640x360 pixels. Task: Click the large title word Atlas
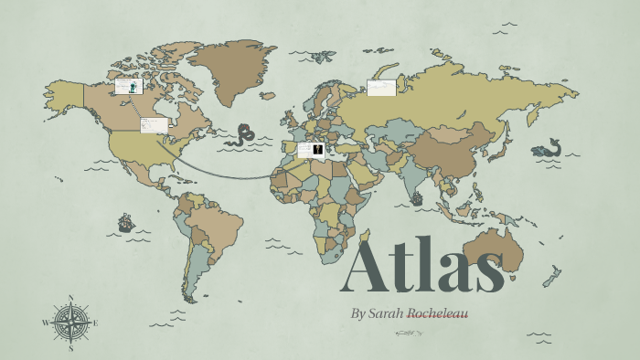(x=422, y=267)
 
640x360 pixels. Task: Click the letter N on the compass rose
(x=71, y=298)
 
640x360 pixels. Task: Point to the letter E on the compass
(x=95, y=323)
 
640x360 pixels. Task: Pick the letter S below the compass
(x=71, y=347)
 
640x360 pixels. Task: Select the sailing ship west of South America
(x=125, y=222)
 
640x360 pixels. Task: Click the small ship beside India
(x=417, y=197)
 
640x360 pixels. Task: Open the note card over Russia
(x=380, y=88)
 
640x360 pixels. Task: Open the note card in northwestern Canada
(x=127, y=87)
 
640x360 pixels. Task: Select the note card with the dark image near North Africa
(x=311, y=149)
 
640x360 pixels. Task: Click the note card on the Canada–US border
(x=153, y=125)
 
